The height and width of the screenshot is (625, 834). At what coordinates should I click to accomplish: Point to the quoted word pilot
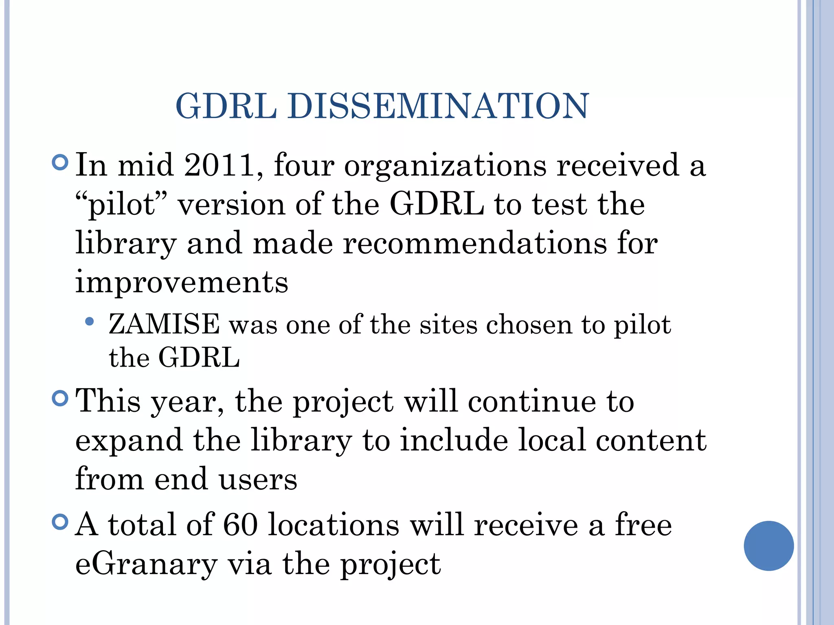pyautogui.click(x=122, y=204)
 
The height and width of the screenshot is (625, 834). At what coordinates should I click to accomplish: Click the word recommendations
pyautogui.click(x=475, y=243)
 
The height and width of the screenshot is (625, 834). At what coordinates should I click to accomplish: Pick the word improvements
pyautogui.click(x=182, y=282)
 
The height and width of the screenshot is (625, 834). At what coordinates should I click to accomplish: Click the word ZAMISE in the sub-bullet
pyautogui.click(x=164, y=324)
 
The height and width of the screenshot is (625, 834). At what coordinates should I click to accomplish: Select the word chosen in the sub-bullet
pyautogui.click(x=529, y=325)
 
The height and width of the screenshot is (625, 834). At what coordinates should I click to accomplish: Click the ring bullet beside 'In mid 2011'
pyautogui.click(x=60, y=162)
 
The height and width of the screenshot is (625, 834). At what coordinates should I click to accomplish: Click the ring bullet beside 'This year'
pyautogui.click(x=60, y=398)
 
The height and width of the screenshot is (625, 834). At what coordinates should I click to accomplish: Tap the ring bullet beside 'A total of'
pyautogui.click(x=60, y=522)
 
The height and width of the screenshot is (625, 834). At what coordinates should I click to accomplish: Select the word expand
pyautogui.click(x=129, y=441)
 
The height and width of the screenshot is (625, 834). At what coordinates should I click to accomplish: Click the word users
pyautogui.click(x=258, y=479)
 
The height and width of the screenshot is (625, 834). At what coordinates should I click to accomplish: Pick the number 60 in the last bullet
pyautogui.click(x=240, y=524)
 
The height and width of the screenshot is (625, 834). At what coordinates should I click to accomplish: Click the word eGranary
pyautogui.click(x=146, y=564)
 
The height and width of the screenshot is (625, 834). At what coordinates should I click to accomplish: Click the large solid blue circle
pyautogui.click(x=768, y=546)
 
